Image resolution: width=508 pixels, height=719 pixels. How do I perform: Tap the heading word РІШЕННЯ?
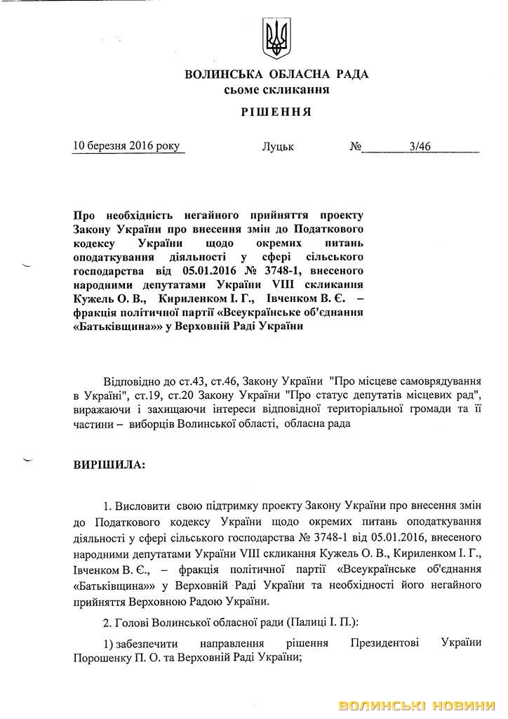coord(276,112)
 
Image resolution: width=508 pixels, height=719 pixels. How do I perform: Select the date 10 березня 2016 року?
coord(126,146)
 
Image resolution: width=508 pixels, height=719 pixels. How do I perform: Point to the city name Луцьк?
coord(278,147)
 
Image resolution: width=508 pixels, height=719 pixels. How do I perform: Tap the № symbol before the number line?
coord(356,147)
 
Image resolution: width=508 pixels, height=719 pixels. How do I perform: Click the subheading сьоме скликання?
coord(276,90)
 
